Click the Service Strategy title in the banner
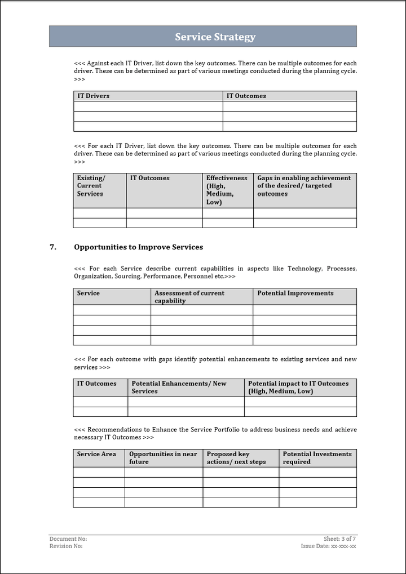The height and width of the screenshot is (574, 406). (215, 37)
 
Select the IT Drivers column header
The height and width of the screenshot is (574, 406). (94, 96)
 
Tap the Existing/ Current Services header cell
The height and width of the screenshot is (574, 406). (90, 186)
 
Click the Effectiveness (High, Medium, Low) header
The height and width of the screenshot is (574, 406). (227, 190)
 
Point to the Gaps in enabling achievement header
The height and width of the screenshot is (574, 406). (304, 186)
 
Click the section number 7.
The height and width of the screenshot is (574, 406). (53, 247)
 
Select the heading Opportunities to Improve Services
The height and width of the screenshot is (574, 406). (138, 247)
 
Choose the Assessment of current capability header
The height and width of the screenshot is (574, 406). (189, 297)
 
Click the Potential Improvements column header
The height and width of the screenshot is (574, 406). (295, 293)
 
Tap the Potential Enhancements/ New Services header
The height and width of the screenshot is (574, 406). (179, 388)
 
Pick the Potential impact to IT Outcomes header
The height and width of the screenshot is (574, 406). (298, 388)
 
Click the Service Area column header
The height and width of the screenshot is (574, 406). (96, 454)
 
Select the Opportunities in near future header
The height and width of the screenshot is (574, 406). (163, 458)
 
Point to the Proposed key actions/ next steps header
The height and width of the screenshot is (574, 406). (236, 458)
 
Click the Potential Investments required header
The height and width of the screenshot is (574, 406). (317, 458)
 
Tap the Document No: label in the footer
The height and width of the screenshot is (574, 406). (68, 539)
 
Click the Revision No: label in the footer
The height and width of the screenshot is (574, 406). (66, 546)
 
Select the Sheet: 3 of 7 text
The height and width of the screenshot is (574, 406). (339, 539)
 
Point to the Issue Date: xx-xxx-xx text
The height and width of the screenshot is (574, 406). (328, 546)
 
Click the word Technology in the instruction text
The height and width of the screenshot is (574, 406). (304, 269)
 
